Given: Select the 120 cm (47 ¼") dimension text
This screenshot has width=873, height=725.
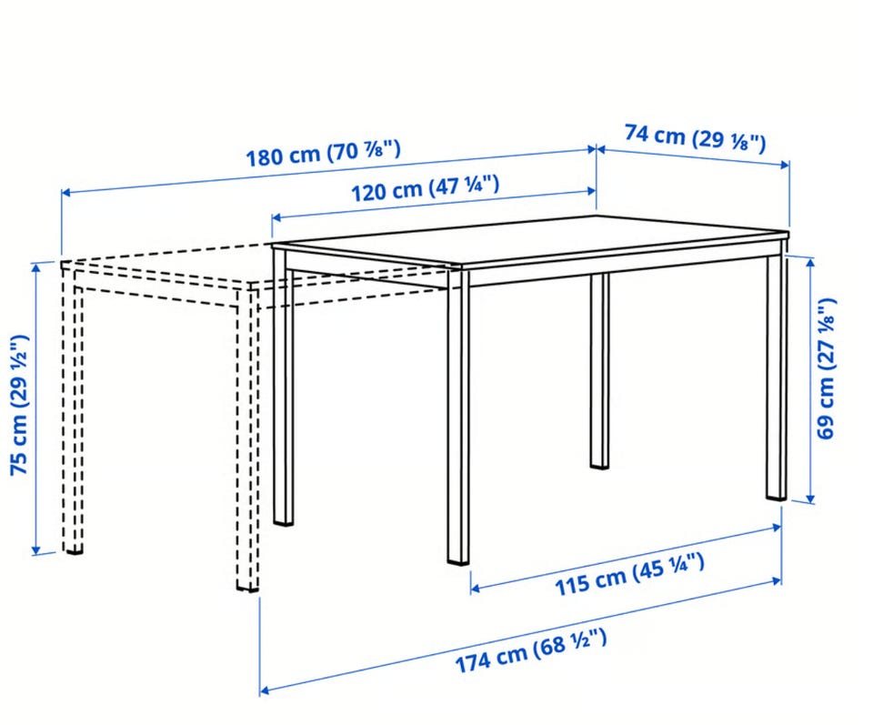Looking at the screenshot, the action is point(425,188).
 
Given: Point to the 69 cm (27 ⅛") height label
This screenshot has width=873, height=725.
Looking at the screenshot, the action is point(826,368).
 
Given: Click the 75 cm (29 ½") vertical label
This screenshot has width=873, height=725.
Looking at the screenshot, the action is point(19,405).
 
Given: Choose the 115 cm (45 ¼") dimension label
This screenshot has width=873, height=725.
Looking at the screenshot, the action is point(629,574).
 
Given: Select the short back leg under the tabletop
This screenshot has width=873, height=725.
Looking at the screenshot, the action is point(599,370).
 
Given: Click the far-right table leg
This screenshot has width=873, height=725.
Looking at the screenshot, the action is point(777,377).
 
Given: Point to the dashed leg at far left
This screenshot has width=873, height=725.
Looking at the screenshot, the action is point(73,409).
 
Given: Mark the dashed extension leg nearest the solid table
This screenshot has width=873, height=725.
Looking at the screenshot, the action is point(247,438).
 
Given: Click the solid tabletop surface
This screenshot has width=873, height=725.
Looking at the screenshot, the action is point(530,239).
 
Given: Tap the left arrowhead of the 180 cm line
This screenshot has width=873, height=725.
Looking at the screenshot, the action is point(65,193).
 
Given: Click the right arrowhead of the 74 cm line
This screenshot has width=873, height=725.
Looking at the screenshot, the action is point(785,164).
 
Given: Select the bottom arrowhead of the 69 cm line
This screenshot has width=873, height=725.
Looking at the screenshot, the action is point(810,498).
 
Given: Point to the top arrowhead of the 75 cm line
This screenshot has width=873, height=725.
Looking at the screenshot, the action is point(36,267).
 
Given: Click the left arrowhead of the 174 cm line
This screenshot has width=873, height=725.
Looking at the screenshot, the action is point(265,690).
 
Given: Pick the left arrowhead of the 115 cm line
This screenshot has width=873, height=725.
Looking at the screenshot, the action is point(476,588).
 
